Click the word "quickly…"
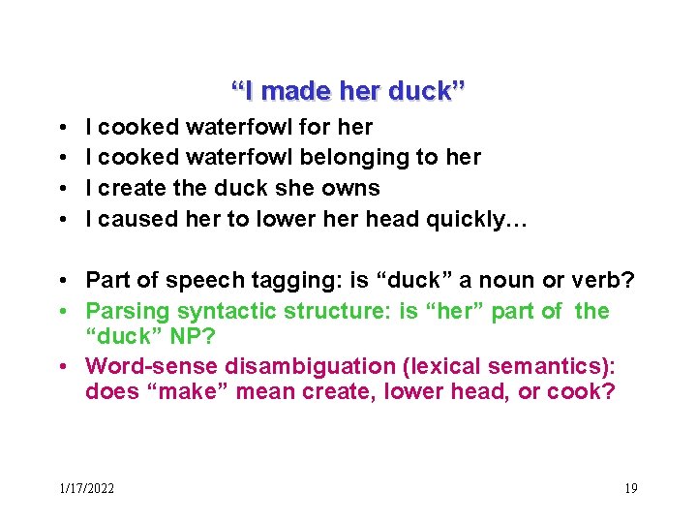478,218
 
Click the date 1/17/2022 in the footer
85,487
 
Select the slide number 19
630,487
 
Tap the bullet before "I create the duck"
61,188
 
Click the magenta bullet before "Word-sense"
61,366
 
